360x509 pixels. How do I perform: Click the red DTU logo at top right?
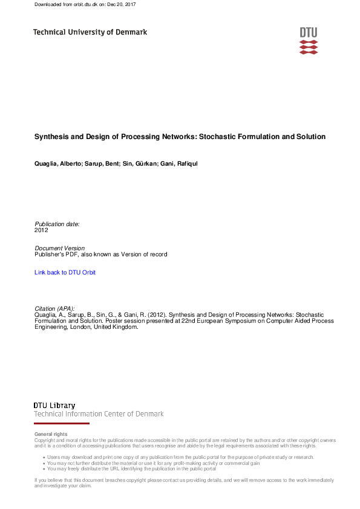(308, 41)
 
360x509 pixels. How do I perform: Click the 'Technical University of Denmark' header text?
(90, 32)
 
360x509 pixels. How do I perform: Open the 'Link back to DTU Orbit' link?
(65, 273)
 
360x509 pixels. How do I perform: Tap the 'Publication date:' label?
(57, 224)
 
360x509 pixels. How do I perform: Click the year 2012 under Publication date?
(41, 230)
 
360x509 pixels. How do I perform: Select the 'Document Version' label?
(60, 248)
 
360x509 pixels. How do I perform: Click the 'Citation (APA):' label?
(55, 309)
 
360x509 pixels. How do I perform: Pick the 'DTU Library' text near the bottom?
(54, 406)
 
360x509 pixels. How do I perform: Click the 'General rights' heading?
(51, 434)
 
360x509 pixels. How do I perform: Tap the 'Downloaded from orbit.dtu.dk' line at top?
(85, 4)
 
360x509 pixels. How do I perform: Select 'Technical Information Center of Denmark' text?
(99, 414)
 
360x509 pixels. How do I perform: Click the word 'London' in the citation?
(75, 327)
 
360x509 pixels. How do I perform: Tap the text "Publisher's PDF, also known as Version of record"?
(101, 254)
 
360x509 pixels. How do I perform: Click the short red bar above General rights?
(54, 424)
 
